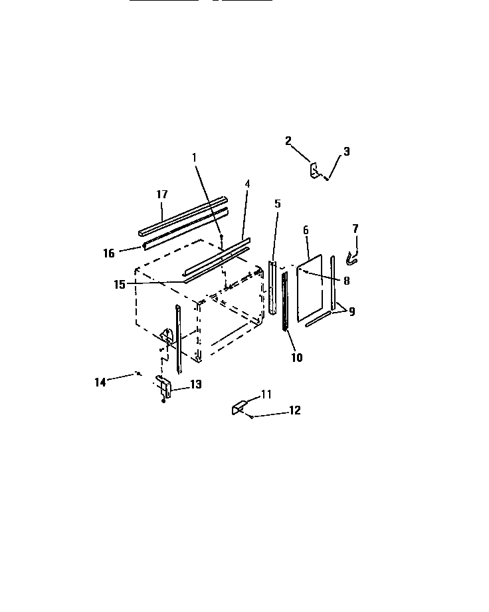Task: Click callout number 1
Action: tap(195, 158)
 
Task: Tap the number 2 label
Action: tap(288, 140)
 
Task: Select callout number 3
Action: tap(346, 152)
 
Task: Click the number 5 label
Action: tap(278, 203)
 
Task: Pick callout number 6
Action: tap(306, 230)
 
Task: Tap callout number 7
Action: tap(355, 228)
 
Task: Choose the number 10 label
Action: tap(296, 357)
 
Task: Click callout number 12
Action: tap(294, 410)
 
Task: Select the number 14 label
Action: tap(100, 382)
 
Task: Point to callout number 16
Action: tap(109, 253)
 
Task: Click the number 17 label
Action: tap(162, 194)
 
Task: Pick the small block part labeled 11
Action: tap(239, 407)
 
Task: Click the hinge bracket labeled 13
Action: tap(163, 387)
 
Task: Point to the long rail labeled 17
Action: tap(183, 215)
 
